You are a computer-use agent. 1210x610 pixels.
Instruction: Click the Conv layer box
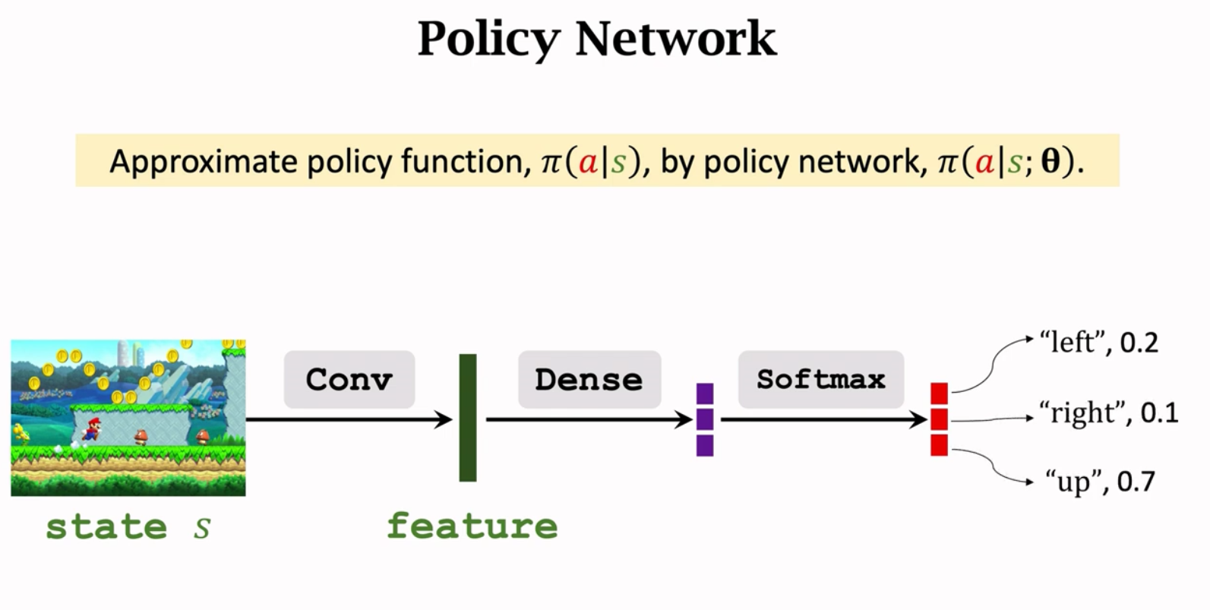tap(349, 379)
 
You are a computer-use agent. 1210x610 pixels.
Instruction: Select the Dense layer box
tap(589, 379)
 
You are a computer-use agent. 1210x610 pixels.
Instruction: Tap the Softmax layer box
tap(820, 379)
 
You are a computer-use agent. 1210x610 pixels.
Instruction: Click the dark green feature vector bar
tap(468, 417)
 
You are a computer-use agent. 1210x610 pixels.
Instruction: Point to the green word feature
tap(472, 526)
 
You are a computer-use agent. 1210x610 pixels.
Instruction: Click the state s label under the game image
tap(128, 526)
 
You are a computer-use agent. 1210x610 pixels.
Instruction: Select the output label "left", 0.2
tap(1099, 343)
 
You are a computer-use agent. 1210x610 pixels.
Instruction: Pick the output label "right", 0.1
tap(1109, 412)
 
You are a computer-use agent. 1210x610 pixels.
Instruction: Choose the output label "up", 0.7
tap(1100, 482)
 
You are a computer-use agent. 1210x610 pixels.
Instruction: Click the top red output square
tap(939, 393)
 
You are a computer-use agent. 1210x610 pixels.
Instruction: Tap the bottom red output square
tap(939, 445)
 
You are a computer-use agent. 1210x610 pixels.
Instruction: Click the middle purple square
tap(705, 419)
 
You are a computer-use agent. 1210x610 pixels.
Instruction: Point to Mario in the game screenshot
tap(91, 430)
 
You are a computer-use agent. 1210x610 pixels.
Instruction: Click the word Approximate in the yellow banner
tap(203, 162)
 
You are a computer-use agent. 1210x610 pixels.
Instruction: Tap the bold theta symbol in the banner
tap(1050, 162)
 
